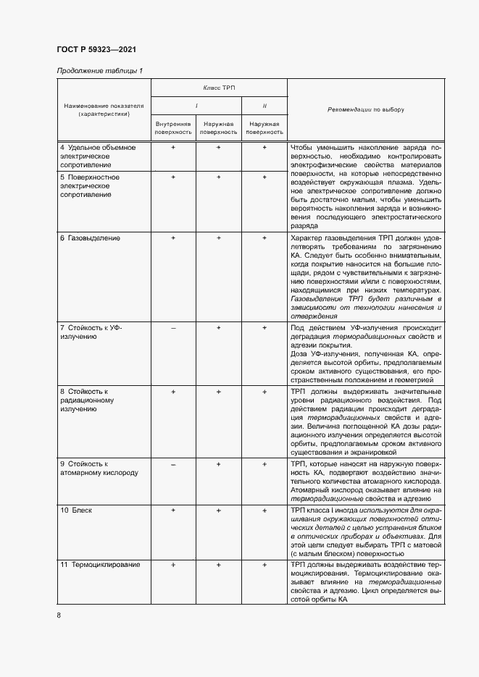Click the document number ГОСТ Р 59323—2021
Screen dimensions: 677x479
(96, 49)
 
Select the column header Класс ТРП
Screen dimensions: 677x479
(219, 86)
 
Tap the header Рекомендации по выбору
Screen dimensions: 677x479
(365, 110)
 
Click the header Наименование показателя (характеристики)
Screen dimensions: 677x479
(103, 109)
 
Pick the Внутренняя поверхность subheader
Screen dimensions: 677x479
(173, 128)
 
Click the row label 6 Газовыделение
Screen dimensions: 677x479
(90, 237)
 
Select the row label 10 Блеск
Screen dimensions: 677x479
(76, 510)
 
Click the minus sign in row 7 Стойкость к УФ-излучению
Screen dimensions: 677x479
(173, 328)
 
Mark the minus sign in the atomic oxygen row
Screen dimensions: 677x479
(173, 463)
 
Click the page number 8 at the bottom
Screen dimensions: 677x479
(59, 615)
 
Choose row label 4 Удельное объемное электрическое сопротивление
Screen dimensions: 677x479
(97, 156)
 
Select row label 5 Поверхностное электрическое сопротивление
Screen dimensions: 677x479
(90, 185)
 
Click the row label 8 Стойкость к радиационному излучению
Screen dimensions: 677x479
(86, 400)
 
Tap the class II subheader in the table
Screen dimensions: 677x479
(264, 106)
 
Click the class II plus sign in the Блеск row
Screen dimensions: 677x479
(264, 510)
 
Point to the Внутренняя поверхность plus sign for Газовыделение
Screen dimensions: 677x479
(173, 237)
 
